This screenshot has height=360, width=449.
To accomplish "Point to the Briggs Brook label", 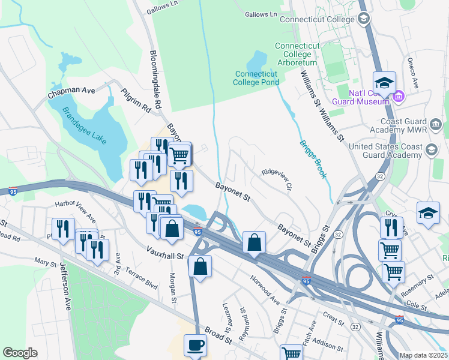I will pyautogui.click(x=313, y=159).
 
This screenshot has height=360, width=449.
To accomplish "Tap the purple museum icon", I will pyautogui.click(x=398, y=96).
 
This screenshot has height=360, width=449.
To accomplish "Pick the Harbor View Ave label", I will pyautogui.click(x=75, y=209).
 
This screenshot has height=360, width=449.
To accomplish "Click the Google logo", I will pyautogui.click(x=20, y=353).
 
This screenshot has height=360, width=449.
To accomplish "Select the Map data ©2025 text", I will pyautogui.click(x=424, y=355).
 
